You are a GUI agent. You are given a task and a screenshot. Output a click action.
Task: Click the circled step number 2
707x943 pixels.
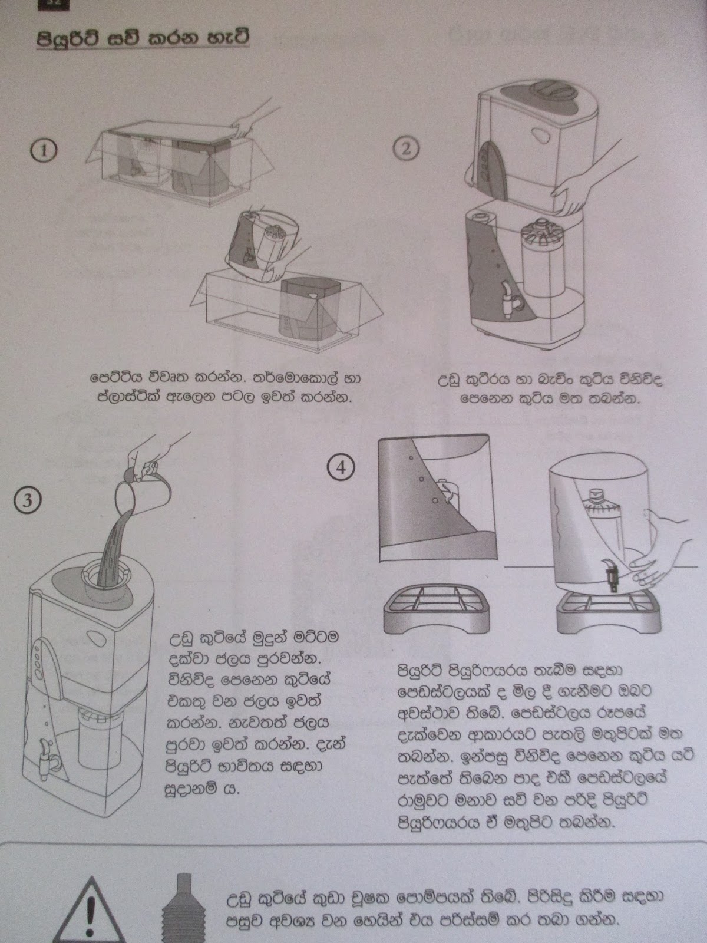pos(405,149)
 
